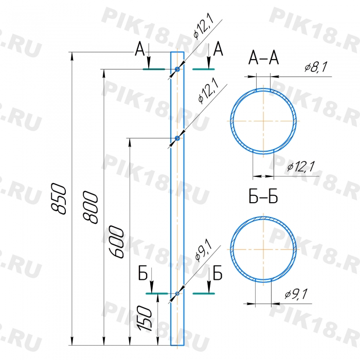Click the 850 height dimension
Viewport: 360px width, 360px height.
(x=59, y=199)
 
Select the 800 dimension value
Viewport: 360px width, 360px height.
(x=91, y=207)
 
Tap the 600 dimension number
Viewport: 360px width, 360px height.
(x=117, y=242)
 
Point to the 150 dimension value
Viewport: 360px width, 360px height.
(x=145, y=318)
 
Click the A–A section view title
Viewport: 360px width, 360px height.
(x=263, y=58)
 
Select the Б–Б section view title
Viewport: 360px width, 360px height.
(x=263, y=196)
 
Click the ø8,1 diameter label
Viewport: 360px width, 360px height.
(x=315, y=67)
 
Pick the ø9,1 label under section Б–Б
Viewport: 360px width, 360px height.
(x=296, y=294)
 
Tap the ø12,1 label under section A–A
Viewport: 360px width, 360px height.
(x=301, y=166)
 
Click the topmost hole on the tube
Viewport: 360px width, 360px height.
(x=177, y=69)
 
